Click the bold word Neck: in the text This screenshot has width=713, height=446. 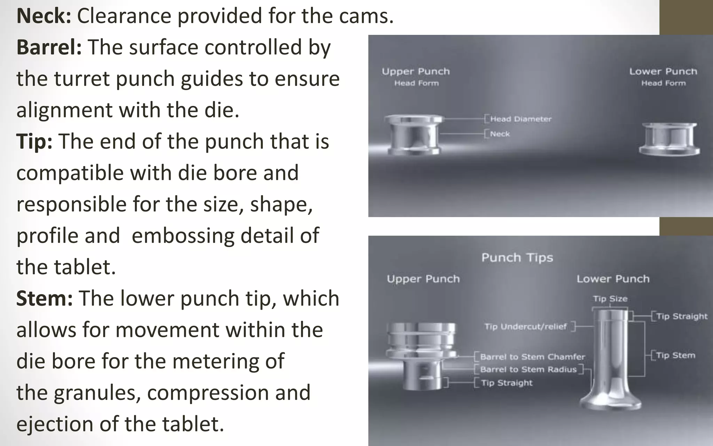tap(44, 16)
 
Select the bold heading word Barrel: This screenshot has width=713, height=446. tap(49, 47)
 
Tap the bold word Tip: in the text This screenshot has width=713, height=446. tap(34, 141)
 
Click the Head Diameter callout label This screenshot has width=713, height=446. tap(520, 119)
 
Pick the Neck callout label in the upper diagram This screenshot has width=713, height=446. tap(500, 134)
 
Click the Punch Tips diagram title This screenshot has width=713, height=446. tap(517, 258)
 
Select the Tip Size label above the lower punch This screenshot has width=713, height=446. tap(610, 299)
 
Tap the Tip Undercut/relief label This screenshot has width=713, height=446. tap(525, 326)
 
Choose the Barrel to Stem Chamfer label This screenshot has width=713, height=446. tap(532, 357)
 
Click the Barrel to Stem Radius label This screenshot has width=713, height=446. tap(528, 369)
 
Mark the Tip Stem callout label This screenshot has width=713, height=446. tap(675, 355)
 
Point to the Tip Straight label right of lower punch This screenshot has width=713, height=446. tap(682, 316)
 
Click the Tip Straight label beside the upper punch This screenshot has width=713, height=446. tap(507, 383)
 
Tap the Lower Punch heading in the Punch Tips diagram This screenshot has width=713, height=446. tap(613, 279)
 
